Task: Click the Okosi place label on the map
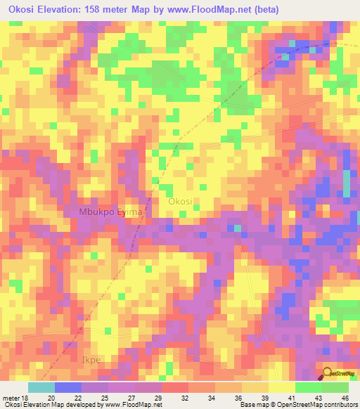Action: pos(180,202)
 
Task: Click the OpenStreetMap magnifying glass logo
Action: pos(328,372)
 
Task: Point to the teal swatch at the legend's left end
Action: pos(41,387)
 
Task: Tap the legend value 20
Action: pos(50,398)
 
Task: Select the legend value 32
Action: pos(185,398)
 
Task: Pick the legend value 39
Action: pos(265,398)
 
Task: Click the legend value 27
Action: pos(131,398)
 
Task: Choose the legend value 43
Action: pos(319,398)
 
